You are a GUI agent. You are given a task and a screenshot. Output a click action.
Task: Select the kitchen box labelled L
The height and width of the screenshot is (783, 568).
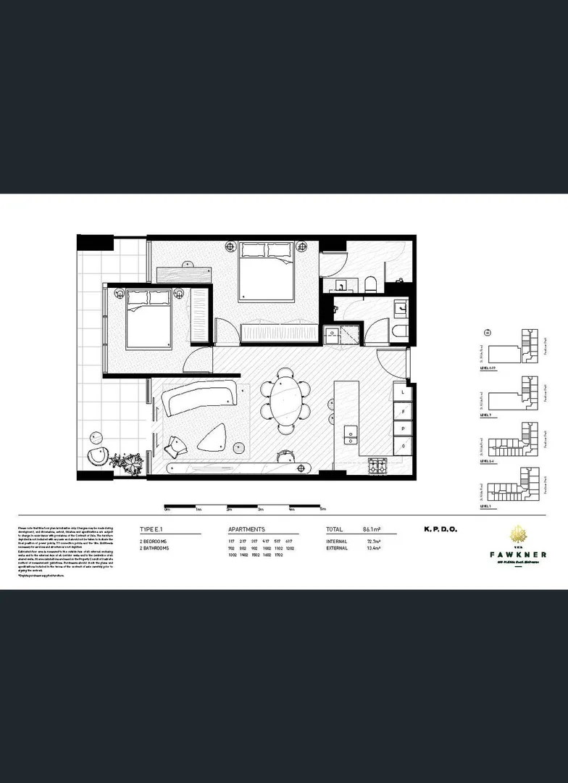tap(402, 391)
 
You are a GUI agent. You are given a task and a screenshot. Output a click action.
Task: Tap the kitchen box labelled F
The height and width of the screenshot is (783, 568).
tap(402, 410)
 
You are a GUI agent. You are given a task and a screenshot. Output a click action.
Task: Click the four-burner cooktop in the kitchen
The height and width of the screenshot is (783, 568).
tap(379, 466)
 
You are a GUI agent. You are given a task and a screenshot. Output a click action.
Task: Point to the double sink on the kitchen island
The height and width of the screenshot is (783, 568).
tap(351, 435)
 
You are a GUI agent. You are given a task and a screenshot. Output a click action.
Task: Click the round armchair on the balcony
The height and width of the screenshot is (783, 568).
tap(98, 456)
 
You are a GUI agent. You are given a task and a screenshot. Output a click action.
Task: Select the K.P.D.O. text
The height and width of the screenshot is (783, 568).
tap(440, 530)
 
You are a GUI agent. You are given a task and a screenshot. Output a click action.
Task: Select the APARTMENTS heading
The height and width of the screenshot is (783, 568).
tap(246, 530)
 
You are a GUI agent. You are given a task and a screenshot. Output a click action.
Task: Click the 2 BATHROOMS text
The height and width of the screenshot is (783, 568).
tap(154, 549)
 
